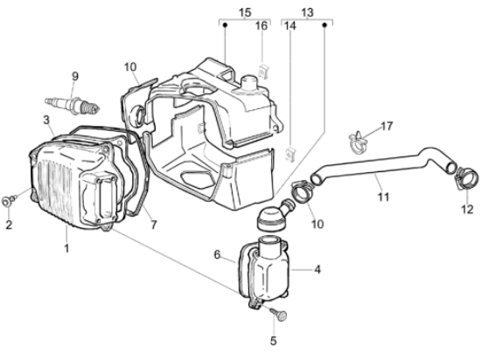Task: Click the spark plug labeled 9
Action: [x=73, y=106]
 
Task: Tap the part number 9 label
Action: [x=75, y=76]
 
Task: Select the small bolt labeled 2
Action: [x=8, y=201]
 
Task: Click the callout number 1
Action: [x=66, y=248]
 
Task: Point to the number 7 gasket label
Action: [x=154, y=225]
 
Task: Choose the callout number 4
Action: [x=317, y=270]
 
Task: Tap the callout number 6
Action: [x=217, y=254]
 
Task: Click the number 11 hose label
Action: [x=383, y=197]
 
